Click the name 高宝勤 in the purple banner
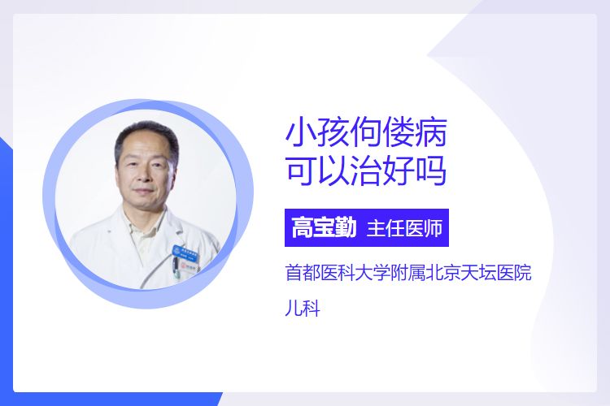click(x=324, y=227)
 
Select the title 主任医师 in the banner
click(x=404, y=228)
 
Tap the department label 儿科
click(x=303, y=309)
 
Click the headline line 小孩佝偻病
click(x=366, y=133)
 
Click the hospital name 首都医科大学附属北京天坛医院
click(x=408, y=272)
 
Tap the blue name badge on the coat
click(x=185, y=253)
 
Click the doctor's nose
click(x=145, y=176)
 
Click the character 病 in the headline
click(x=431, y=133)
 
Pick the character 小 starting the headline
click(x=301, y=133)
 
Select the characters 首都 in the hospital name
click(x=303, y=272)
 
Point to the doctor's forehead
click(x=146, y=149)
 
